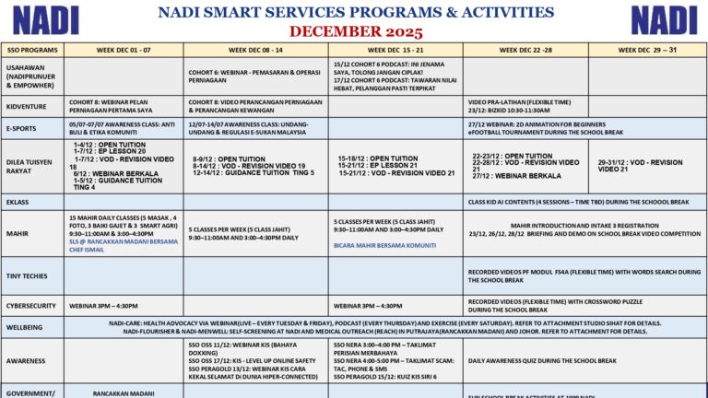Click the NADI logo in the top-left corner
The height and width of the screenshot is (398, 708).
(x=45, y=19)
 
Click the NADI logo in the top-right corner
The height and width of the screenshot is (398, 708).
(x=664, y=19)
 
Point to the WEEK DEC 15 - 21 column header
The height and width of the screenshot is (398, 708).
(x=395, y=50)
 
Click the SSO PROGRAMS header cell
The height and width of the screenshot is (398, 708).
(x=32, y=50)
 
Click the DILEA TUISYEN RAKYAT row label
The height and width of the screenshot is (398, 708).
(x=32, y=166)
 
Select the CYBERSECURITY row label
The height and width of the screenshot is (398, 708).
(x=32, y=305)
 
